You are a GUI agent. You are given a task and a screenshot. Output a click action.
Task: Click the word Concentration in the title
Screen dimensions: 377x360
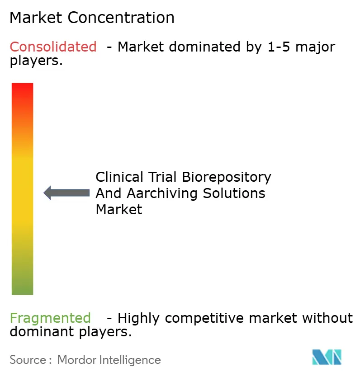point(122,18)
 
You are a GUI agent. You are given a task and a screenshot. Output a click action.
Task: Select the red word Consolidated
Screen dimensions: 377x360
point(53,47)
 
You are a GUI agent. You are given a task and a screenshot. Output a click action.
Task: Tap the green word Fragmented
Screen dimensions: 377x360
point(50,318)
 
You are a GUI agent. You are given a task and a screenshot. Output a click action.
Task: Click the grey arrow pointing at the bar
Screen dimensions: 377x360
point(66,193)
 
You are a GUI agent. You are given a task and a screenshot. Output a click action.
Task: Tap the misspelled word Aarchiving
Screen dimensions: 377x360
point(162,193)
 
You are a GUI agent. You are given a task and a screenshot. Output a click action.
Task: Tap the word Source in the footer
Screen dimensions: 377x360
point(28,360)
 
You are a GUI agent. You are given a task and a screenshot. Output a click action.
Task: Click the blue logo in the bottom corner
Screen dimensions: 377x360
point(327,357)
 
